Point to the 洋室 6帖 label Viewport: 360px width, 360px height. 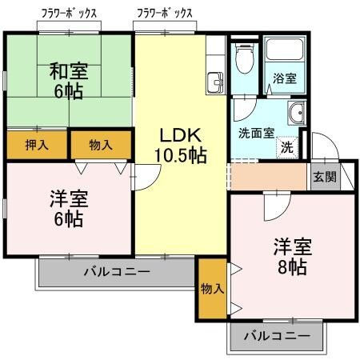point(68,206)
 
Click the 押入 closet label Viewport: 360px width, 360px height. point(36,145)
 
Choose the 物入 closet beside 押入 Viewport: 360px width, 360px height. point(101,145)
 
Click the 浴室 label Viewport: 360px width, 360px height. point(283,79)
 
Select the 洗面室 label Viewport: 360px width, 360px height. point(256,133)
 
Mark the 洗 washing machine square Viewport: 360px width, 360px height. point(286,147)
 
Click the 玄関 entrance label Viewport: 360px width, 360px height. point(323,178)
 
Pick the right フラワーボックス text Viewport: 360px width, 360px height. point(165,14)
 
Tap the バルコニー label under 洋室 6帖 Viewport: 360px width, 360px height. point(117,272)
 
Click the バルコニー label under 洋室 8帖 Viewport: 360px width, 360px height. point(277,336)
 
